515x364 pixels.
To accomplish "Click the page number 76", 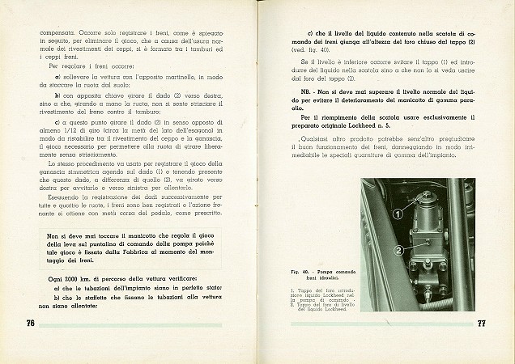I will point(23,323).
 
